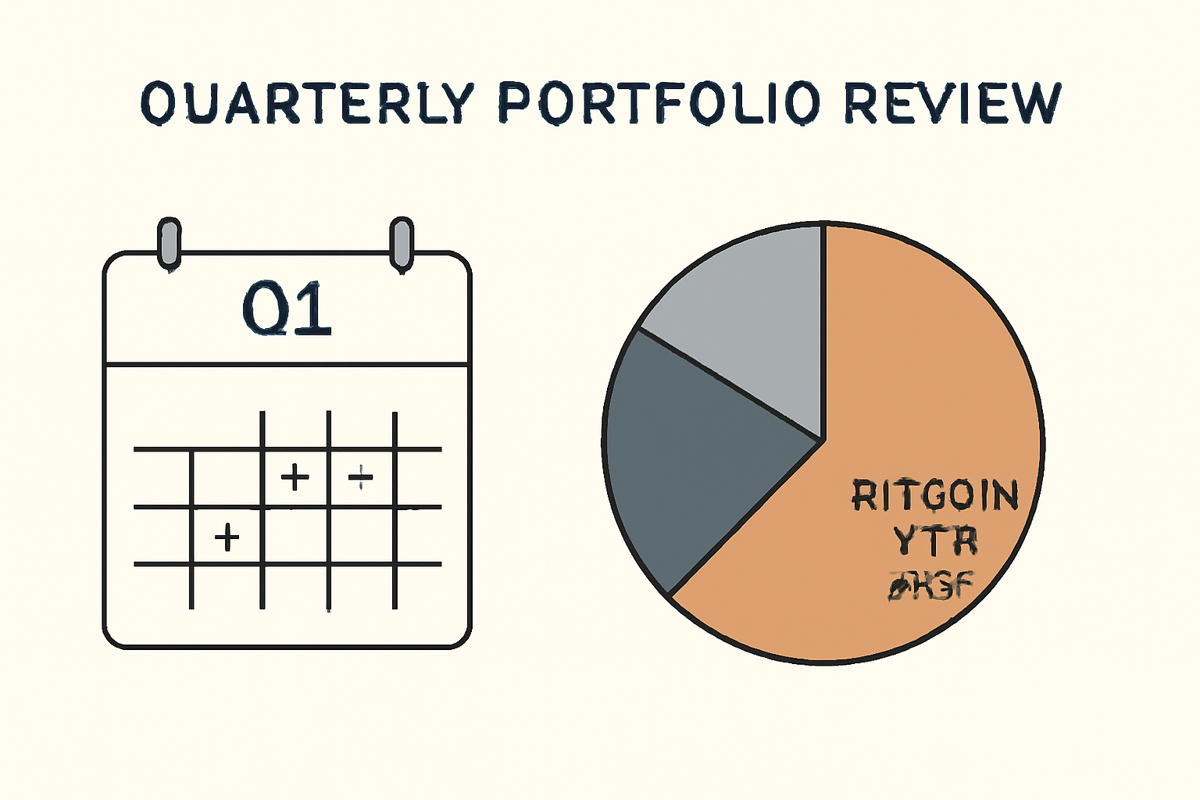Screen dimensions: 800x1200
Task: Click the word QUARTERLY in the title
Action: click(309, 102)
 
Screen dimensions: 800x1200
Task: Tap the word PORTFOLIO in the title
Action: click(659, 102)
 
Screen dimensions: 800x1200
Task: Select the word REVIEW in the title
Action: click(952, 102)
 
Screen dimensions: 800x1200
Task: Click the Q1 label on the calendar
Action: click(287, 309)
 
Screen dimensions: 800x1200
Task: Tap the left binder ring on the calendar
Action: click(169, 243)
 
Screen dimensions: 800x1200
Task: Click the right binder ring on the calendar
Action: click(401, 243)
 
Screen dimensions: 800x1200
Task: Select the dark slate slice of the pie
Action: click(695, 453)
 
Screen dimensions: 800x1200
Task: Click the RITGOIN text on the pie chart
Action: click(935, 495)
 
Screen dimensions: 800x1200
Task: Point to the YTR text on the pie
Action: click(935, 541)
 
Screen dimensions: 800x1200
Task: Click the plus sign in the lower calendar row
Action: click(227, 537)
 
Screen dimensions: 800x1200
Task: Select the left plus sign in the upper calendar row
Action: click(295, 477)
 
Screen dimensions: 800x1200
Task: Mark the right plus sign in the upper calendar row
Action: click(360, 476)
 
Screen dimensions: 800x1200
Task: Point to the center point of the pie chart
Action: click(823, 441)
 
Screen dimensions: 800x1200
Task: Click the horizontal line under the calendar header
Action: click(287, 364)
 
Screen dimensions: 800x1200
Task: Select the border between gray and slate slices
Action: click(730, 384)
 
